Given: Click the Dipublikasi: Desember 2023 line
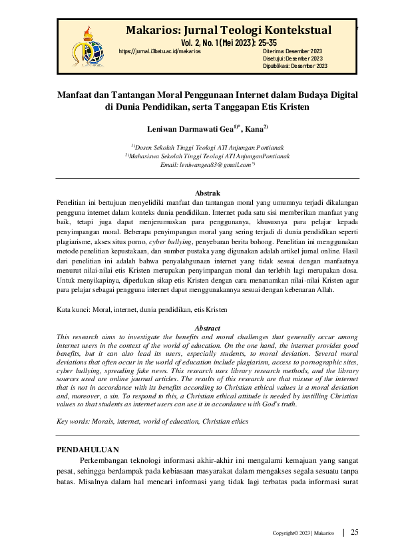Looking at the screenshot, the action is [296, 66].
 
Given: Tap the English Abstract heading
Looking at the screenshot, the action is [206, 329].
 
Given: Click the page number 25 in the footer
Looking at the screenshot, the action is [355, 532].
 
